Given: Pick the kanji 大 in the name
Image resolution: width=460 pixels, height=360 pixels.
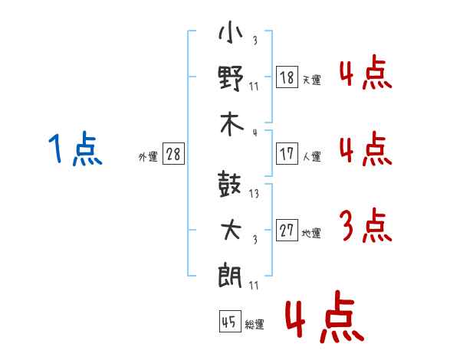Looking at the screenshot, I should pos(231,229).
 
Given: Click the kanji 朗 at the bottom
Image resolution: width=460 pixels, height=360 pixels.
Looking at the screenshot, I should pos(231,273).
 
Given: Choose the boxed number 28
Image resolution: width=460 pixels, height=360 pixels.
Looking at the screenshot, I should pos(173,154).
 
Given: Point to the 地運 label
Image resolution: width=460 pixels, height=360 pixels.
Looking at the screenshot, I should pos(311,233).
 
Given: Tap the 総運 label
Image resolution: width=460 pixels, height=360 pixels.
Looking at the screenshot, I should pos(255,324).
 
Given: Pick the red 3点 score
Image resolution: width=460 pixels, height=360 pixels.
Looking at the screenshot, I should pos(365,227).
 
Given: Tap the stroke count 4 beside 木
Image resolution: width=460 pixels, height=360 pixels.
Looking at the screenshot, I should pos(255,133).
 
